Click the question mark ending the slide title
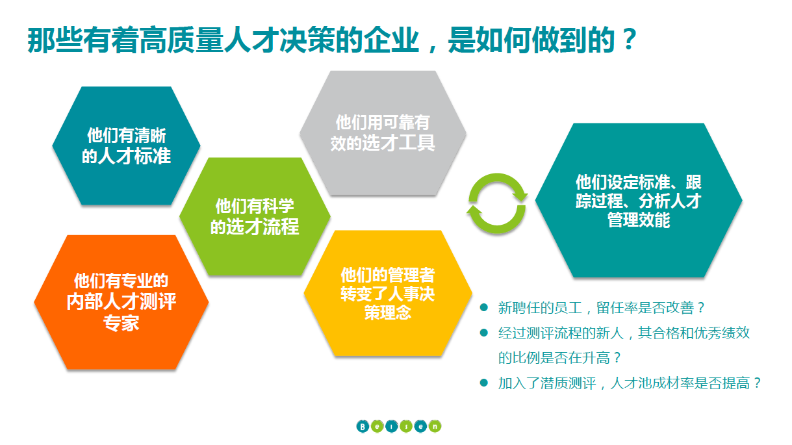(x=630, y=39)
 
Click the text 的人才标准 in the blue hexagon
(x=126, y=156)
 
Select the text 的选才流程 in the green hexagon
(x=255, y=227)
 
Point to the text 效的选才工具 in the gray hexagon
(x=383, y=143)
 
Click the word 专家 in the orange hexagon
(x=121, y=323)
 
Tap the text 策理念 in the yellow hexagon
(x=388, y=312)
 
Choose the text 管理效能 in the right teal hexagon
(x=639, y=220)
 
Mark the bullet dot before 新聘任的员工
(x=484, y=307)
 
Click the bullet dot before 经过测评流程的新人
(x=484, y=333)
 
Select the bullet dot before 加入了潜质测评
(x=484, y=383)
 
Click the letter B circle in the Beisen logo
(x=363, y=427)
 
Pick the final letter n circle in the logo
(x=435, y=426)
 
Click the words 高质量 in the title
(x=181, y=40)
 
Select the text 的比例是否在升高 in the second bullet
(x=554, y=358)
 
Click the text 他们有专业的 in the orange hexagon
(x=121, y=281)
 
